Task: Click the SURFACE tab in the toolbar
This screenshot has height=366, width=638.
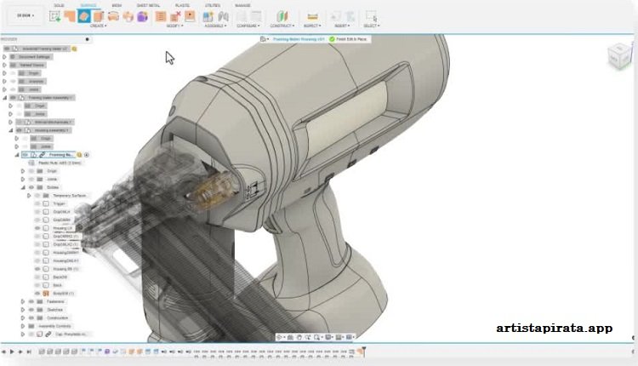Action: click(x=88, y=5)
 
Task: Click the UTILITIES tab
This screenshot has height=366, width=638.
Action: click(x=214, y=5)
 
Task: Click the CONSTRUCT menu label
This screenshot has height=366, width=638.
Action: click(x=282, y=26)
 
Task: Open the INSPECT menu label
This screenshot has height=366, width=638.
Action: click(x=313, y=26)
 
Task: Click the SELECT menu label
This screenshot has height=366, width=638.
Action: click(x=371, y=26)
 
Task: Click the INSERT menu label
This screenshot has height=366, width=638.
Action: click(x=341, y=26)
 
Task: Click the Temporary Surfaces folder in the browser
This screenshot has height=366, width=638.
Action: click(x=70, y=195)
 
